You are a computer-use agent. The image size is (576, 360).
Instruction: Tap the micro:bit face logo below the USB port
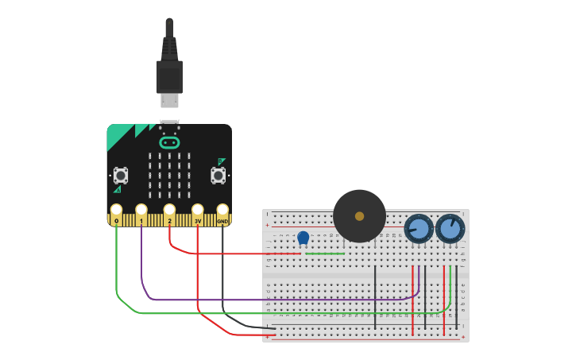tap(169, 143)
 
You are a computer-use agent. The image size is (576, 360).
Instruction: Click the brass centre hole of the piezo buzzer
tap(359, 216)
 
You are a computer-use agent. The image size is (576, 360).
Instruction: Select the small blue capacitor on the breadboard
tap(303, 237)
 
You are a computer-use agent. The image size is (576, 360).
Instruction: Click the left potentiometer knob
tap(419, 229)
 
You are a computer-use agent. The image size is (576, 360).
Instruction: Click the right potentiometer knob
tap(450, 229)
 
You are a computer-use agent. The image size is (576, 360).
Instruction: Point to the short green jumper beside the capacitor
tap(326, 254)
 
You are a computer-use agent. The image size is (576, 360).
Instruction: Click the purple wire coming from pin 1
tap(278, 300)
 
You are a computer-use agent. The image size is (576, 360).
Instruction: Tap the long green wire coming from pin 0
tap(278, 313)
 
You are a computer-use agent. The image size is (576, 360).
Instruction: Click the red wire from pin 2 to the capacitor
tap(238, 254)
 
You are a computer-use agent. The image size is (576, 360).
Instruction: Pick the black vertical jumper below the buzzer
tap(375, 298)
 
